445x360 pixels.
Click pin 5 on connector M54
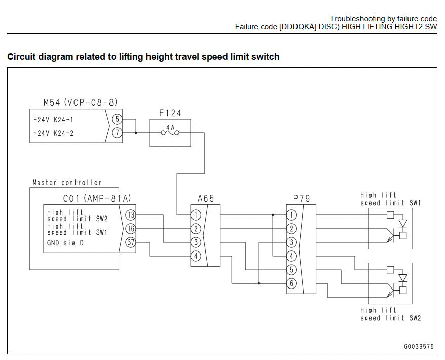coord(117,119)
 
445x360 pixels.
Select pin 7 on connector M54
coord(117,132)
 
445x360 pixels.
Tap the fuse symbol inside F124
coord(170,132)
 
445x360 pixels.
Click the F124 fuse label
coord(170,113)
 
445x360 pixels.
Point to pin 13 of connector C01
coord(131,215)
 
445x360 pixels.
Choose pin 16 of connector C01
coord(131,229)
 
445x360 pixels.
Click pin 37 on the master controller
coord(131,242)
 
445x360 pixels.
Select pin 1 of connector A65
coord(196,215)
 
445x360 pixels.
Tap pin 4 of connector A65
coord(196,256)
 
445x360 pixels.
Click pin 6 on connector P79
coord(291,283)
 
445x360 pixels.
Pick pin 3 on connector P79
coord(291,242)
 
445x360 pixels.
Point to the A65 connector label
coord(206,198)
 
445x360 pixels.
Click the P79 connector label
coord(302,198)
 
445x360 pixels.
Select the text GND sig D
coord(65,243)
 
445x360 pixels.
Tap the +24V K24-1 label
coord(53,120)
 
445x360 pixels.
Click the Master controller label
coord(67,183)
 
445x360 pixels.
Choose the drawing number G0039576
coord(419,346)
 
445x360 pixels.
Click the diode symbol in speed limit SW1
coord(403,223)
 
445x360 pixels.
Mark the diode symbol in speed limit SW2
coord(403,278)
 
